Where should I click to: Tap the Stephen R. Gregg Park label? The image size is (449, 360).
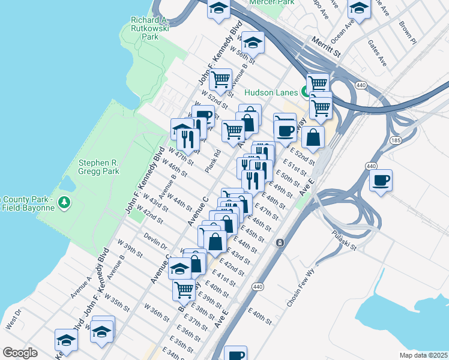pos(99,167)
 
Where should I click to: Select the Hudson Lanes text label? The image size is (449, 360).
pos(272,92)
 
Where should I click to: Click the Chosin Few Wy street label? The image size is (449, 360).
pos(301,288)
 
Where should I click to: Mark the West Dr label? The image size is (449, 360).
pos(13,320)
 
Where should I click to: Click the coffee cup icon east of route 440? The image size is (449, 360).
pos(381,179)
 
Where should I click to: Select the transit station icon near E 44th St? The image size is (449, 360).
pos(280,242)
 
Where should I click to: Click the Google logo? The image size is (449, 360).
pos(20,353)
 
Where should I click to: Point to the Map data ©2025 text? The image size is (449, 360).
pos(424,355)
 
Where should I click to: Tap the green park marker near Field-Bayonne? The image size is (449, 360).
pos(64,202)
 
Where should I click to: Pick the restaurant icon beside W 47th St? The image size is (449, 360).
pos(188,140)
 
